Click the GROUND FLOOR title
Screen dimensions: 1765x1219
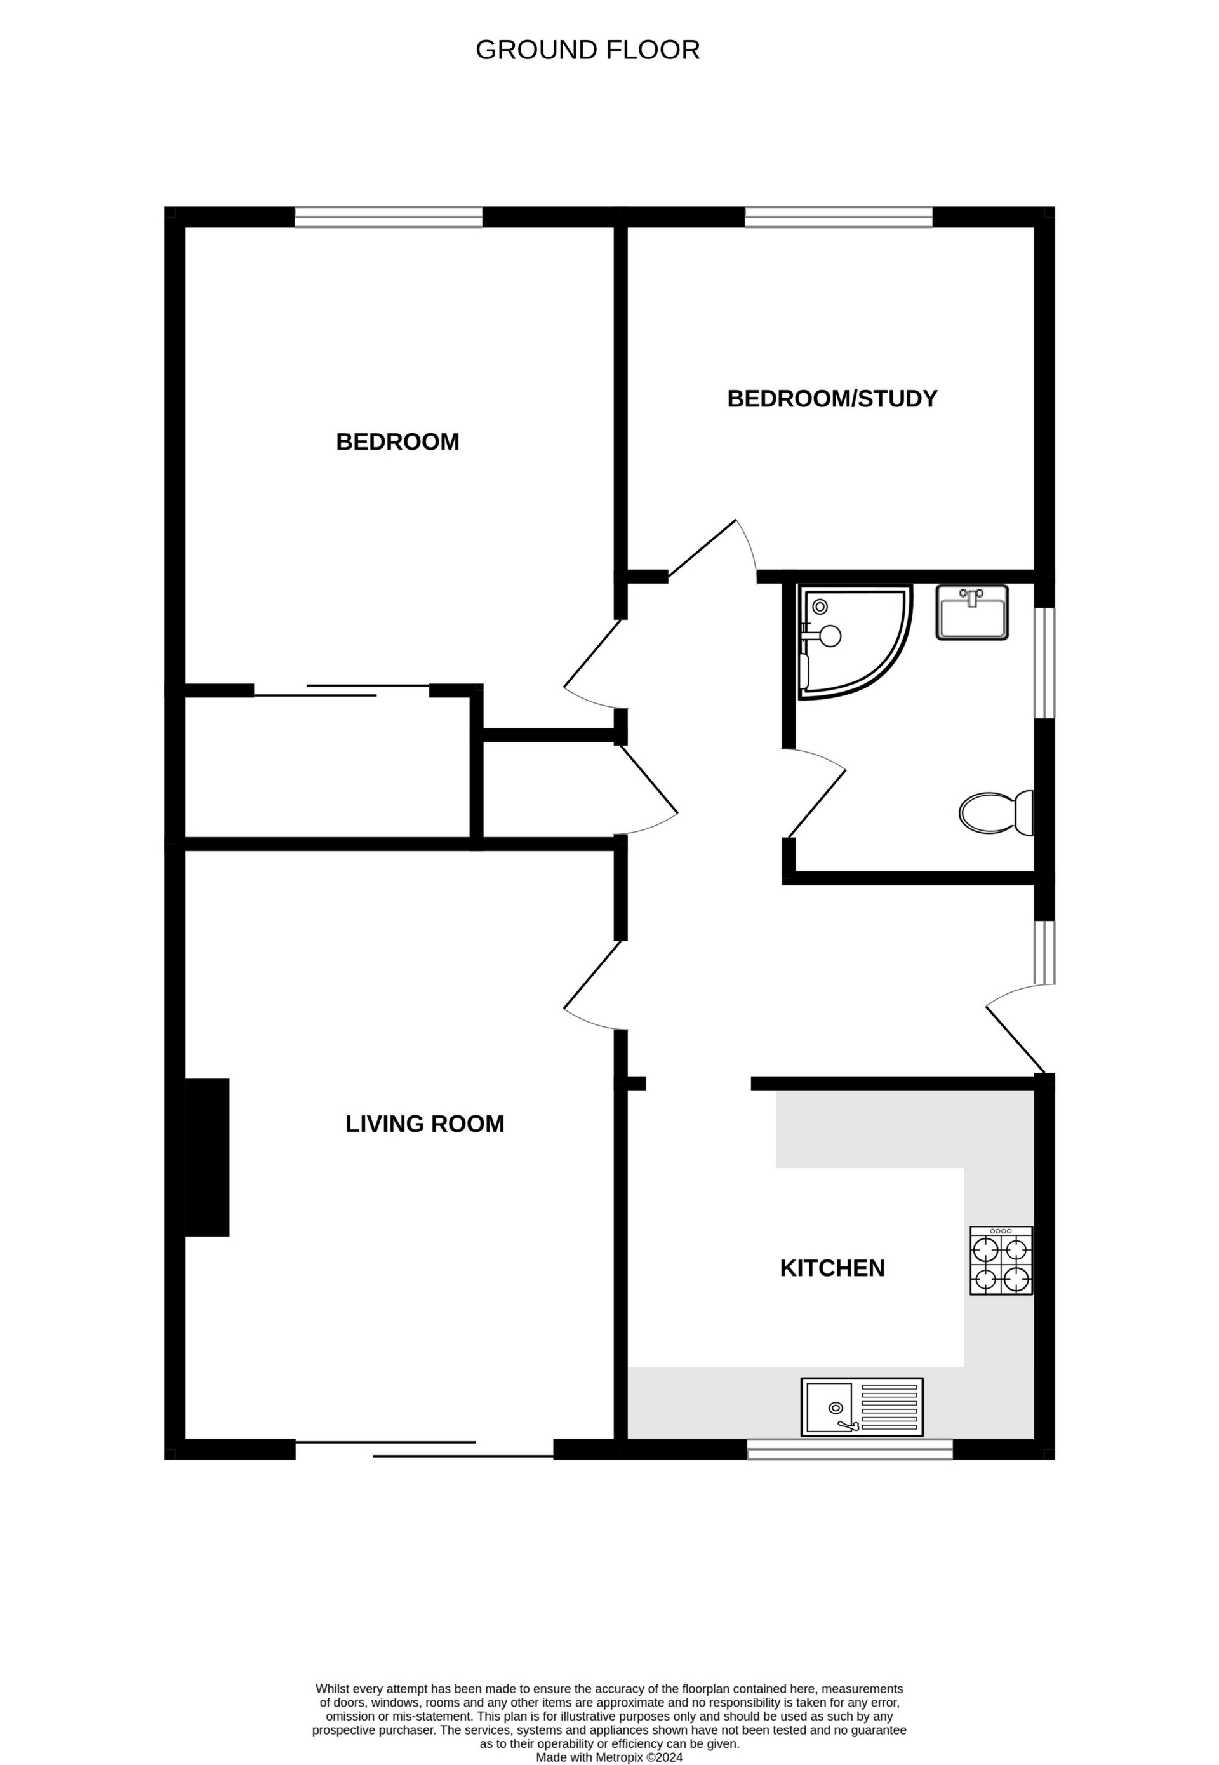(x=587, y=50)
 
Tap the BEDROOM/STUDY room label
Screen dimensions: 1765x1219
(x=832, y=399)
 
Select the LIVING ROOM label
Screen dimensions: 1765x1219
(x=425, y=1124)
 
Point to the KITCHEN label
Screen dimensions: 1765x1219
(x=832, y=1268)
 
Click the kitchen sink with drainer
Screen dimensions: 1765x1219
(x=862, y=1407)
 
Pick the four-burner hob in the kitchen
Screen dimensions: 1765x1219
(x=1001, y=1261)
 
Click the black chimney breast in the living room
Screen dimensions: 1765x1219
(x=207, y=1158)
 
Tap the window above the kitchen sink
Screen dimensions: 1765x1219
(x=849, y=1449)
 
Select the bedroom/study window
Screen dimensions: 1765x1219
(x=838, y=218)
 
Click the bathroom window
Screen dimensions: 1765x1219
(x=1044, y=662)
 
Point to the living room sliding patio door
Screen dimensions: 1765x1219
(x=425, y=1449)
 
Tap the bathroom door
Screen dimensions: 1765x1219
(x=817, y=795)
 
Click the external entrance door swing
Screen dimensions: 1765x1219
(x=1016, y=1028)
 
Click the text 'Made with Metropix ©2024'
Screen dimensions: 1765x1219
(x=609, y=1736)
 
